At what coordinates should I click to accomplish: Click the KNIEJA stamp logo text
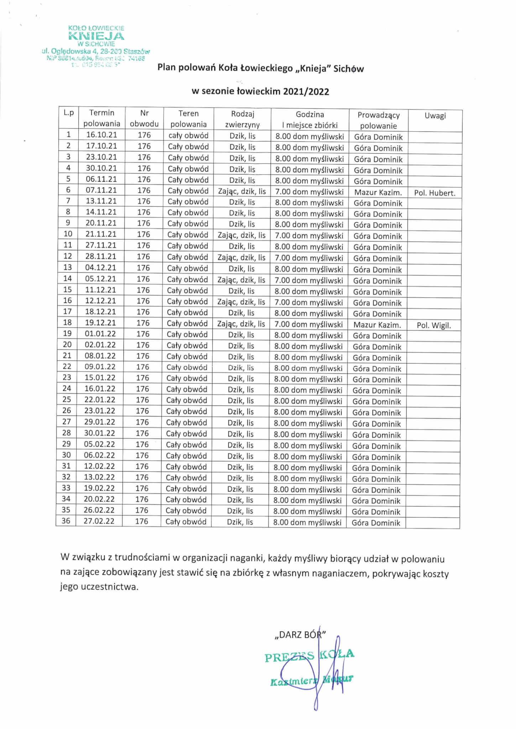point(96,36)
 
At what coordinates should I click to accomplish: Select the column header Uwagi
point(435,116)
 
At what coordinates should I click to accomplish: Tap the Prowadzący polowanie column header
point(378,120)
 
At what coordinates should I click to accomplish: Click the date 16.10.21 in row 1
point(101,135)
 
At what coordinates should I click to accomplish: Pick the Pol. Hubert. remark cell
point(434,193)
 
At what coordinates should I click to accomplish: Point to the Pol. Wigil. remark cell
point(434,325)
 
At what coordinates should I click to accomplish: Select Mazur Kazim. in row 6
point(378,193)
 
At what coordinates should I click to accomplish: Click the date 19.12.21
point(100,323)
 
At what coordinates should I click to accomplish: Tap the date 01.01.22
point(100,334)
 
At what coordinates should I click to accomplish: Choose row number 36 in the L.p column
point(66,521)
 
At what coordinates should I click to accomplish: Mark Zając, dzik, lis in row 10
point(242,235)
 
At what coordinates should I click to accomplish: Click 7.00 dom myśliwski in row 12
point(309,258)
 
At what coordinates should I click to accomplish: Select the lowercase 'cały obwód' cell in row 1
point(188,135)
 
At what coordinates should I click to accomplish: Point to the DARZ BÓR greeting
point(300,635)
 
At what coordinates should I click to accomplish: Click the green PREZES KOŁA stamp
point(309,655)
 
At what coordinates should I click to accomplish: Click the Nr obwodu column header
point(144,119)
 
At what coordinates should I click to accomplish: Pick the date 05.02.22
point(100,444)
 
